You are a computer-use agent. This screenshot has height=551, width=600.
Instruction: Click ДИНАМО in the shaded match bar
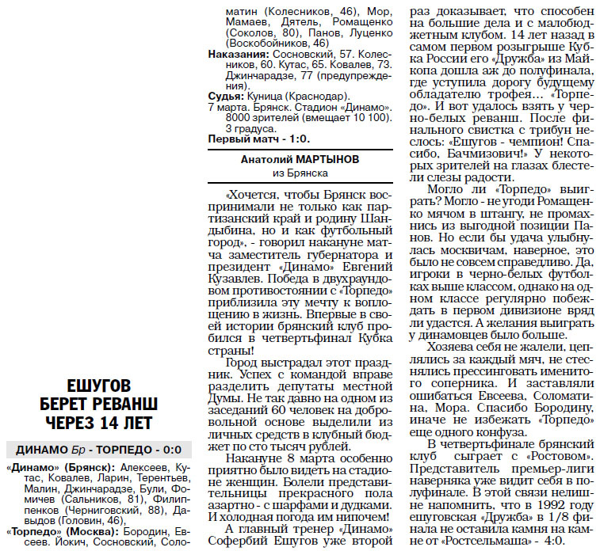click(39, 449)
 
